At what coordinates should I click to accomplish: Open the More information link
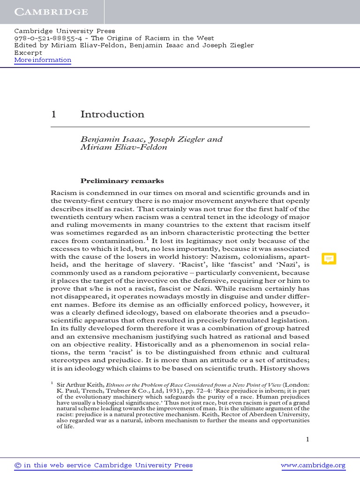click(43, 60)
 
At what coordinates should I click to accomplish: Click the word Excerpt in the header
click(29, 52)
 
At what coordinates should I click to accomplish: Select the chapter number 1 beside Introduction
click(53, 114)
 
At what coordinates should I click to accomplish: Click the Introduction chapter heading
click(112, 114)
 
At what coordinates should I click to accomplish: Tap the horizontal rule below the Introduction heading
click(180, 127)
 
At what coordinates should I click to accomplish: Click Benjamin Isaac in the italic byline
click(107, 139)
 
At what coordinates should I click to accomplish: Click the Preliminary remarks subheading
click(122, 180)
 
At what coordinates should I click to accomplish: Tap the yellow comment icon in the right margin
click(329, 259)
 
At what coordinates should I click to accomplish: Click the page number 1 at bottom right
click(307, 439)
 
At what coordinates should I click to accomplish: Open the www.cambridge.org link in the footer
click(313, 465)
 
